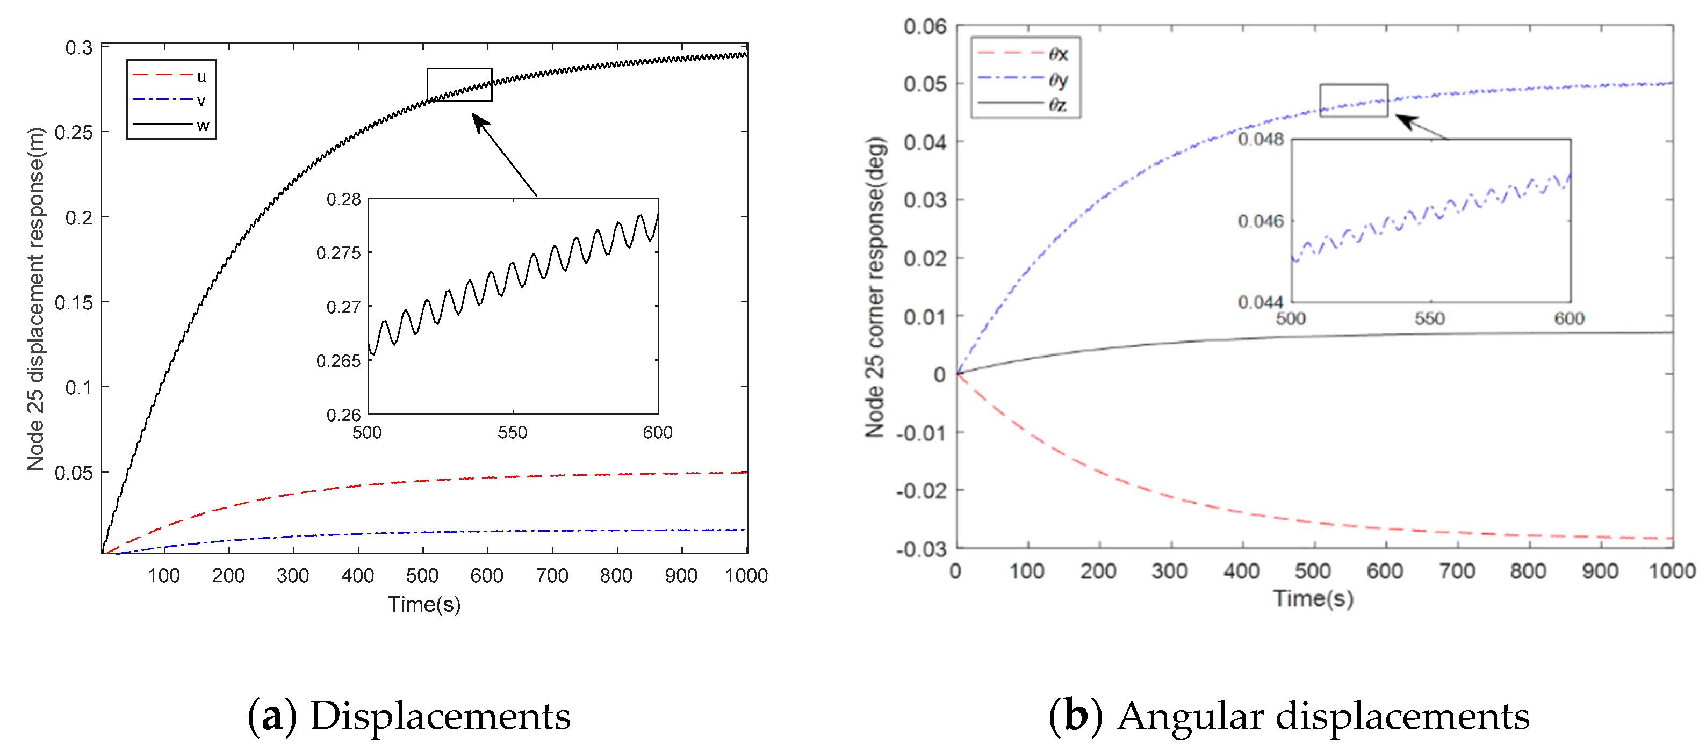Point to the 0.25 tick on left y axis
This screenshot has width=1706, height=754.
click(74, 133)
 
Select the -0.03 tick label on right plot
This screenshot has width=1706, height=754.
click(920, 549)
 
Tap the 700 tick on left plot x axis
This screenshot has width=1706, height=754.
click(552, 575)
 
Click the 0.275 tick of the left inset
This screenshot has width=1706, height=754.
click(339, 253)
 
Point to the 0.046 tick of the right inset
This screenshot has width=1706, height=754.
click(1261, 221)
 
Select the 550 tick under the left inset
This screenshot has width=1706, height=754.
click(512, 432)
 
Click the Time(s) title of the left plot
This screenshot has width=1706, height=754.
click(424, 604)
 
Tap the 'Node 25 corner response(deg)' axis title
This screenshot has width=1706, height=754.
click(875, 287)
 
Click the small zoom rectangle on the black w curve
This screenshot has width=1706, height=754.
click(459, 85)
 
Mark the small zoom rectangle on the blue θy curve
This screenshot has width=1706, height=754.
click(1353, 100)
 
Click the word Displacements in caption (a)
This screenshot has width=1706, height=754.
click(441, 716)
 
